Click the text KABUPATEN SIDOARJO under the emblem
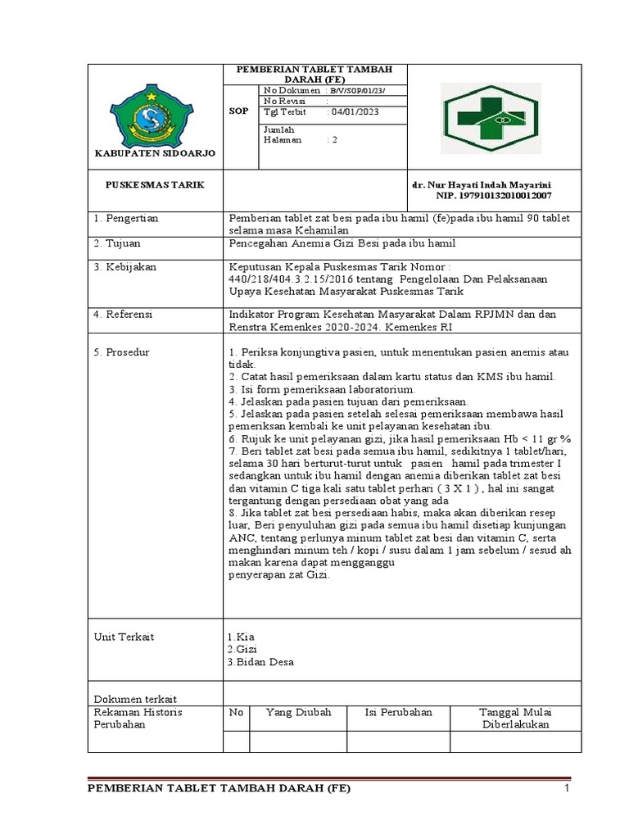point(155,153)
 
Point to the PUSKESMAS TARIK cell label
point(155,185)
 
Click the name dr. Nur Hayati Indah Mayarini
point(481,185)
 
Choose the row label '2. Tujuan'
point(120,243)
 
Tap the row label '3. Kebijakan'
point(124,267)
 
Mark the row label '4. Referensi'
point(124,315)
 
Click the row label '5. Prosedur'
point(122,352)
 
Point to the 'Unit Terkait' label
point(124,637)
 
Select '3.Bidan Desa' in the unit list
point(260,662)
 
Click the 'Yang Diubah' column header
point(298,713)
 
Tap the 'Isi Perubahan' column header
point(398,713)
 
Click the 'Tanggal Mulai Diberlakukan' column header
point(515,719)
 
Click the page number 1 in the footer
point(565,789)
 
